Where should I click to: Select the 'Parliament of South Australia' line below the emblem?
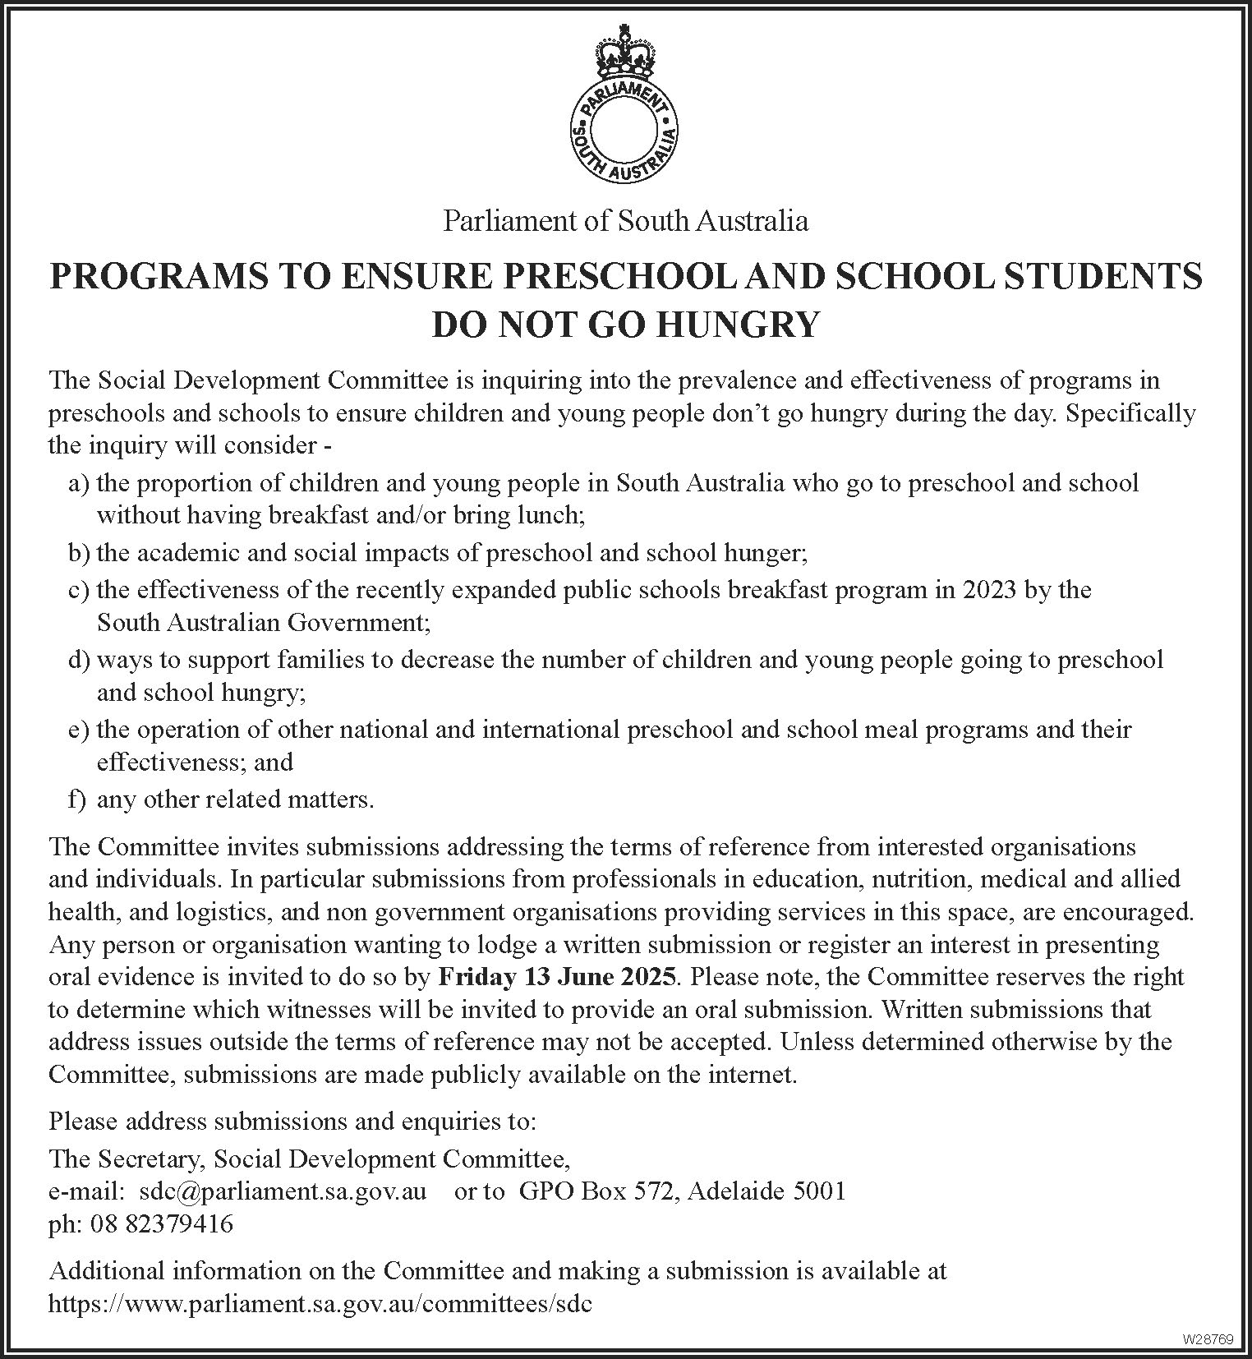(x=626, y=221)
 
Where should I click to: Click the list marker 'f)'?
(x=77, y=799)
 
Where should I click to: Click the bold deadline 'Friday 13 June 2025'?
(x=559, y=977)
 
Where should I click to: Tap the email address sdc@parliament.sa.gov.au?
(x=283, y=1191)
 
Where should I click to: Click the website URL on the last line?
(x=320, y=1304)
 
